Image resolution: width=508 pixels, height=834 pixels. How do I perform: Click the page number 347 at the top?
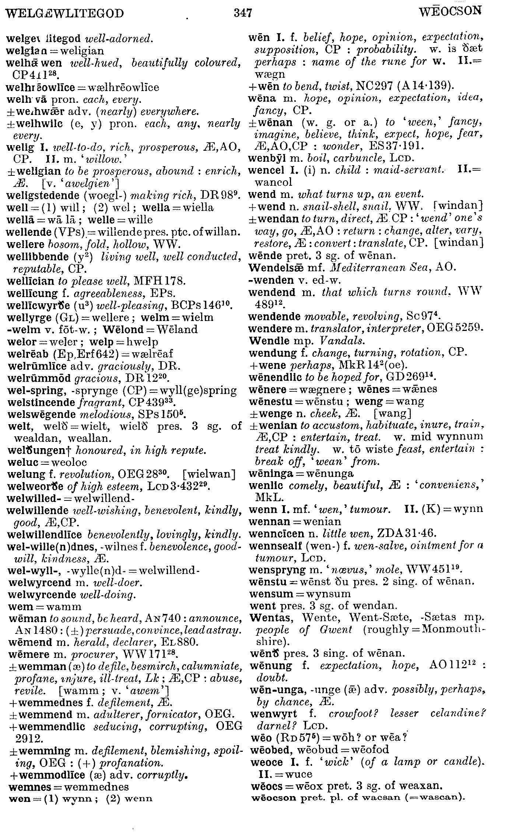point(243,13)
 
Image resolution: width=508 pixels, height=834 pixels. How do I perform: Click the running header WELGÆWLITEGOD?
point(65,14)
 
